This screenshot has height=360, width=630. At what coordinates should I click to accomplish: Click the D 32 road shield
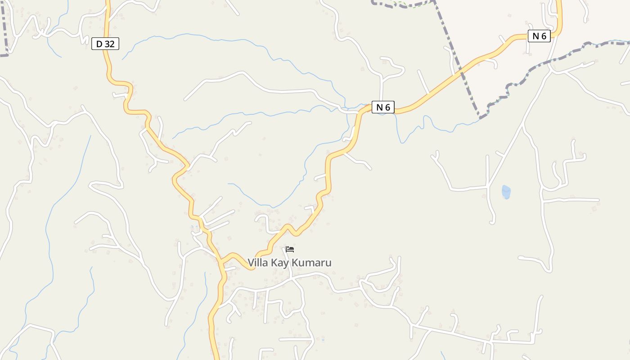coord(105,44)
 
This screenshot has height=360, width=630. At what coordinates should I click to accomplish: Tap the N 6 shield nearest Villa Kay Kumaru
coord(383,107)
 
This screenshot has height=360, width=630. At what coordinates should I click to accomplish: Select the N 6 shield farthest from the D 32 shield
coord(539,36)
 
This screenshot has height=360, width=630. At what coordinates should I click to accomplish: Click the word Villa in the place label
coord(257,263)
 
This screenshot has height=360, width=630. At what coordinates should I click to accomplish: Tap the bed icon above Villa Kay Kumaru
coord(290,249)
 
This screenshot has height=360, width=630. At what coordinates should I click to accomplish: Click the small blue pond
coord(506,192)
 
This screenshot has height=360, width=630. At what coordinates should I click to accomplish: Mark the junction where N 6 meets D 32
coord(220,261)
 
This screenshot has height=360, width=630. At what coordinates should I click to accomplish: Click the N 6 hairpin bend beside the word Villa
coord(252,268)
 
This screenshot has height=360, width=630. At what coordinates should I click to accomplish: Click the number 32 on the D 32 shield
coord(110,44)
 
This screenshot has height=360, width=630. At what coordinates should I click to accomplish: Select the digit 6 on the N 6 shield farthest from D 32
coord(544,36)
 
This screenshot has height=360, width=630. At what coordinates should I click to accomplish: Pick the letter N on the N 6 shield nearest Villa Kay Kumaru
coord(379,107)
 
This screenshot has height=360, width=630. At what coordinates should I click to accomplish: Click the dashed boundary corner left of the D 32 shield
coord(6,55)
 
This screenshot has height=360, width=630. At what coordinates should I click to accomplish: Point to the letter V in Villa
coord(251,263)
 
